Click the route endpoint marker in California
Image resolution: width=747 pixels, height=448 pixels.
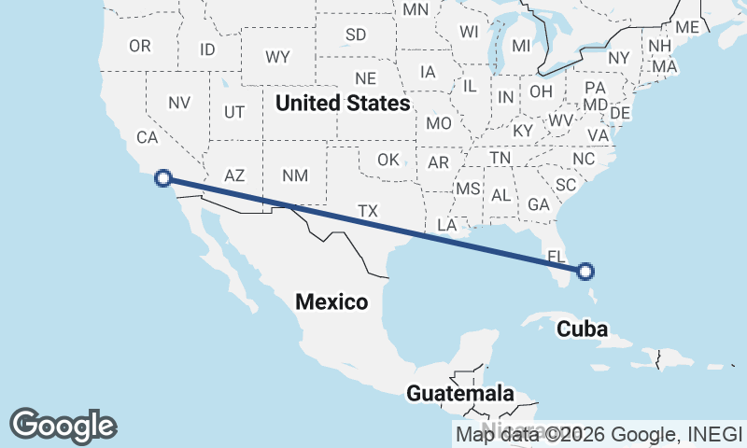click(163, 177)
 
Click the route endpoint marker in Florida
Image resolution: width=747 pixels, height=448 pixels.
click(585, 272)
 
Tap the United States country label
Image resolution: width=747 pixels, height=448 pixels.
click(343, 103)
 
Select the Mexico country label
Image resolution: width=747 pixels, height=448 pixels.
click(331, 301)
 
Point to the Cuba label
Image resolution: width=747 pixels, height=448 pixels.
click(583, 329)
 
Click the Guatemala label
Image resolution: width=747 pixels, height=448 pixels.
click(460, 394)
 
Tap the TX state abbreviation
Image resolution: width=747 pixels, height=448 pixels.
click(368, 212)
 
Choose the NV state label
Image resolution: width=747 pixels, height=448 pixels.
click(180, 103)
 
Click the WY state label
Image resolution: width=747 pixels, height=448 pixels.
click(277, 57)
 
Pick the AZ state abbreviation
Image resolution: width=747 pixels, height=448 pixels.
click(234, 175)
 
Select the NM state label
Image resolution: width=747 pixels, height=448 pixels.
click(294, 175)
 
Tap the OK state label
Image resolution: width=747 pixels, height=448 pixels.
click(388, 160)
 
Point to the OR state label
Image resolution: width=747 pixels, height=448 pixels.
click(140, 46)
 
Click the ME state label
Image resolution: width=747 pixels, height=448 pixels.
click(687, 28)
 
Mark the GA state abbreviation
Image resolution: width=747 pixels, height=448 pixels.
click(538, 204)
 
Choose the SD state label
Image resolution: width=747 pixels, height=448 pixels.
click(356, 35)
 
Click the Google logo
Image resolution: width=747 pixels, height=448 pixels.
click(63, 426)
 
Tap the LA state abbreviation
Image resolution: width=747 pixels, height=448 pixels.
click(446, 226)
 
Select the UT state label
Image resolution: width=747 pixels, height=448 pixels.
click(234, 112)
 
